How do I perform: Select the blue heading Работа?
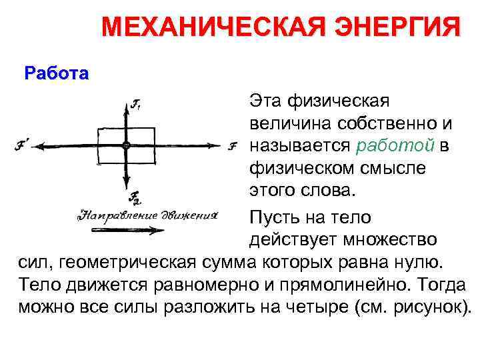pyautogui.click(x=56, y=72)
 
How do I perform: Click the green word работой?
pyautogui.click(x=395, y=146)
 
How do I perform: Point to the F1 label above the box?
pyautogui.click(x=137, y=103)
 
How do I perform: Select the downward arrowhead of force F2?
pyautogui.click(x=125, y=189)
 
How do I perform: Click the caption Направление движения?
pyautogui.click(x=148, y=215)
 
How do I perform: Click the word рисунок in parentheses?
pyautogui.click(x=427, y=307)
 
